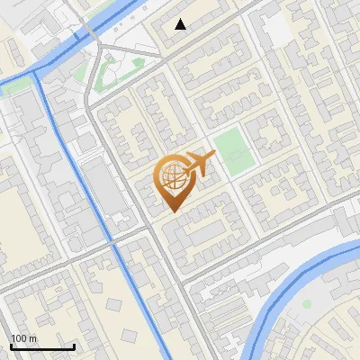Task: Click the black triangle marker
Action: click(x=181, y=24)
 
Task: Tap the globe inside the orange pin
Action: click(x=171, y=175)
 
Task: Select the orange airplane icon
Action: click(x=199, y=165)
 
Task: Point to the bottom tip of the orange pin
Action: click(x=171, y=211)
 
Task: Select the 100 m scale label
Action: click(x=24, y=338)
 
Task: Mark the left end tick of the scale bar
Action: click(x=11, y=345)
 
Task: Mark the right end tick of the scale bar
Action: click(x=74, y=345)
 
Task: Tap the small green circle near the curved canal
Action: click(x=307, y=304)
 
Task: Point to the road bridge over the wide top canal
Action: click(x=90, y=36)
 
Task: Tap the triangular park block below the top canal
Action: click(x=112, y=72)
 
